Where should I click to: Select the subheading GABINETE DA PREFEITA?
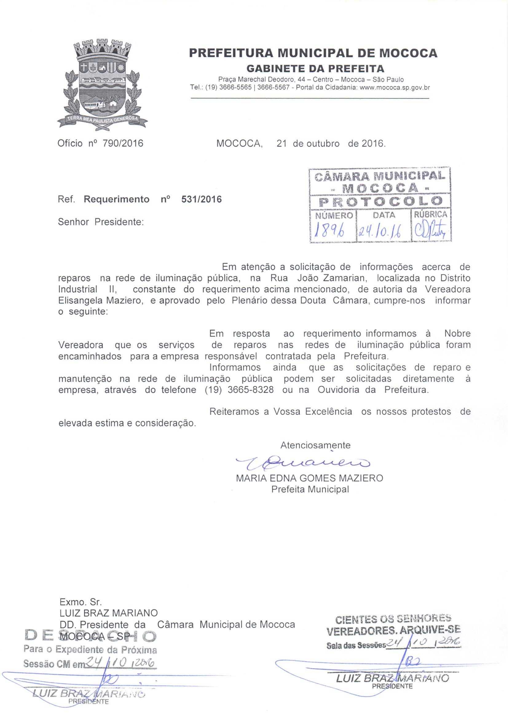[315, 68]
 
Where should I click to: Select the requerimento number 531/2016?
[202, 199]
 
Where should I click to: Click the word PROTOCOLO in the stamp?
[380, 202]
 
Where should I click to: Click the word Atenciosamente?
[315, 445]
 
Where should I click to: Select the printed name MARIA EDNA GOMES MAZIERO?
[309, 478]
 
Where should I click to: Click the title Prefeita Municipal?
[310, 489]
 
